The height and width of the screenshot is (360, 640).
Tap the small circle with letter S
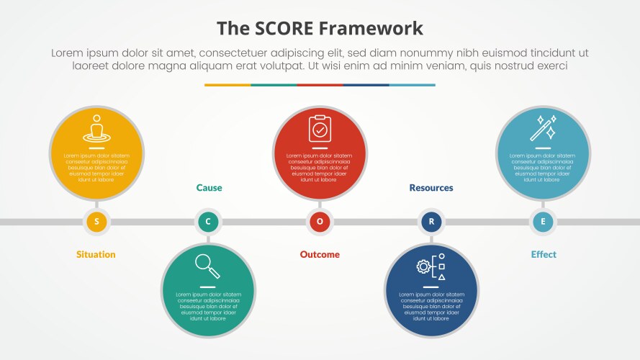pyautogui.click(x=96, y=222)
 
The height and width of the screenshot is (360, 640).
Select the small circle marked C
pyautogui.click(x=208, y=222)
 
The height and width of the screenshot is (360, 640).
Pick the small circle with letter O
pyautogui.click(x=320, y=222)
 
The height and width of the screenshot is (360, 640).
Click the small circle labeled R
pyautogui.click(x=431, y=222)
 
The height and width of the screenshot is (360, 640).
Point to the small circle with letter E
pyautogui.click(x=543, y=222)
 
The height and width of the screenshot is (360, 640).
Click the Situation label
pyautogui.click(x=96, y=254)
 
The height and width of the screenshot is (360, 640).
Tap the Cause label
pyautogui.click(x=209, y=188)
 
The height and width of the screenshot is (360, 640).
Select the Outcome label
pyautogui.click(x=320, y=254)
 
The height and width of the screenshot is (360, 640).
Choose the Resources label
pyautogui.click(x=431, y=188)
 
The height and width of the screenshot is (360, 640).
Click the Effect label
pyautogui.click(x=544, y=254)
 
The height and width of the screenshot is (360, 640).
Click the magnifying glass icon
pyautogui.click(x=207, y=267)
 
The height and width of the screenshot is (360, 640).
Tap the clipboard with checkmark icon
pyautogui.click(x=320, y=129)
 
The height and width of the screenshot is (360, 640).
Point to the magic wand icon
pyautogui.click(x=543, y=127)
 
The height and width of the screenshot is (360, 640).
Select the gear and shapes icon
pyautogui.click(x=431, y=266)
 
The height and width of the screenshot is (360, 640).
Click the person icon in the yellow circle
pyautogui.click(x=96, y=128)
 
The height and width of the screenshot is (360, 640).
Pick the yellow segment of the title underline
pyautogui.click(x=227, y=85)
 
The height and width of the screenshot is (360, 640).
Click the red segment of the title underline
pyautogui.click(x=320, y=85)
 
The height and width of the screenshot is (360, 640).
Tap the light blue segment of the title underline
pyautogui.click(x=412, y=85)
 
